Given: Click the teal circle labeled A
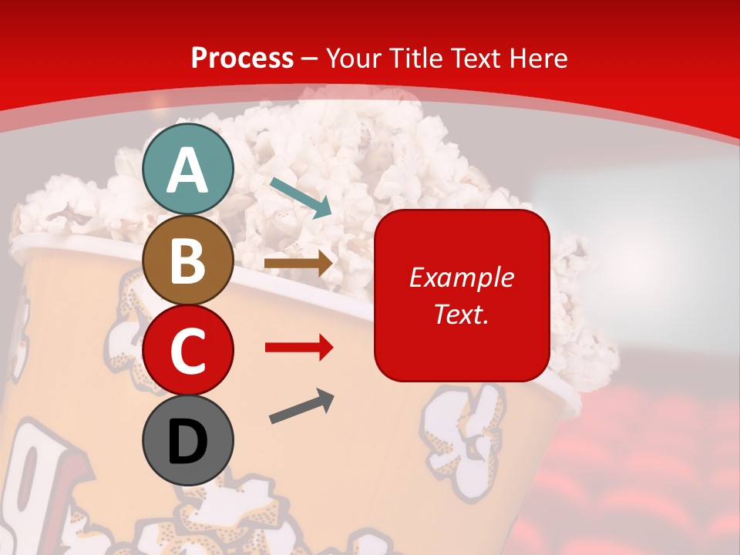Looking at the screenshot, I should [188, 169].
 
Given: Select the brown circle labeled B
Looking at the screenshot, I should [188, 260].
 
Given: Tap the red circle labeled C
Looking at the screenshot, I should [188, 350].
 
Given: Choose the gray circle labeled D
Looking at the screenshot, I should [188, 440].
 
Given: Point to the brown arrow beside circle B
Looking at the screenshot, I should [298, 264].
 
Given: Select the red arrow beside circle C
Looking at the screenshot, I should [299, 348].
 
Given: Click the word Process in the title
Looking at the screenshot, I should [242, 59].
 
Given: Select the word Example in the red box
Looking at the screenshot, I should [462, 277].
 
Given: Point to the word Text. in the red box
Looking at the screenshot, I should [462, 314].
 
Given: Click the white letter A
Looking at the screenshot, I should [188, 170].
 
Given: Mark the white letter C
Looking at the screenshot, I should [188, 351].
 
